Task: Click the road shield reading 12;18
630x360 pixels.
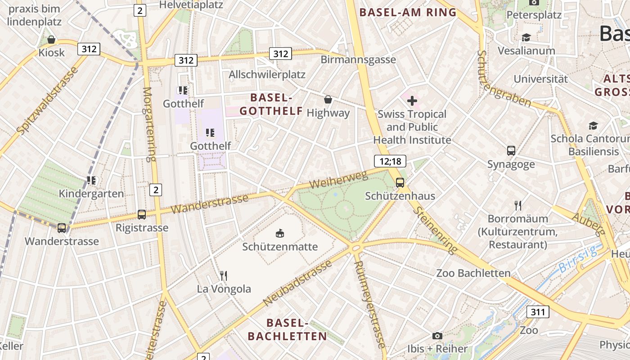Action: point(390,161)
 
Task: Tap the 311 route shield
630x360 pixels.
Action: point(537,312)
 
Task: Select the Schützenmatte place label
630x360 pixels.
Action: point(280,247)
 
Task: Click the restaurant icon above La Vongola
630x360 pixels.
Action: point(224,275)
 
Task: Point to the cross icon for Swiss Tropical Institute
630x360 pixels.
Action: point(412,100)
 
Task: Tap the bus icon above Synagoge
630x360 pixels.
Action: point(511,151)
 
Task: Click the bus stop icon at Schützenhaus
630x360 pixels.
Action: point(400,182)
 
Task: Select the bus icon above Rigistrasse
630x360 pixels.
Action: point(142,215)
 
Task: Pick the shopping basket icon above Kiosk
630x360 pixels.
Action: point(51,40)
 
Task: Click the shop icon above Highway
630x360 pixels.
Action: point(328,99)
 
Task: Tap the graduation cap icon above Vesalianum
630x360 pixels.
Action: point(526,37)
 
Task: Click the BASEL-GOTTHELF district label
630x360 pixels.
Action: point(271,104)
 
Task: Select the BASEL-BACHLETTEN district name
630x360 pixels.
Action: point(288,329)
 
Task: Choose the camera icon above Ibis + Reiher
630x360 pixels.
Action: point(437,336)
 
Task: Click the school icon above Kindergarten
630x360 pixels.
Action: point(92,180)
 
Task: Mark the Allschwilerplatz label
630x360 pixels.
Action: point(267,74)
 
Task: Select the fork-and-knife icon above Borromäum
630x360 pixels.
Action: point(518,206)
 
